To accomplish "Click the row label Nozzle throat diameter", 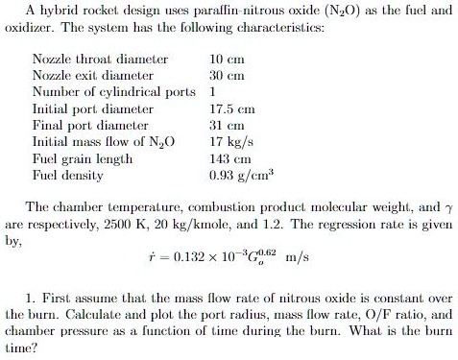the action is (x=100, y=60).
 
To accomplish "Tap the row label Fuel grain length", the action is (x=83, y=159).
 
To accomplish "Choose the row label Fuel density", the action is (x=69, y=176).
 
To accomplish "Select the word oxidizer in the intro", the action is (x=30, y=26).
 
